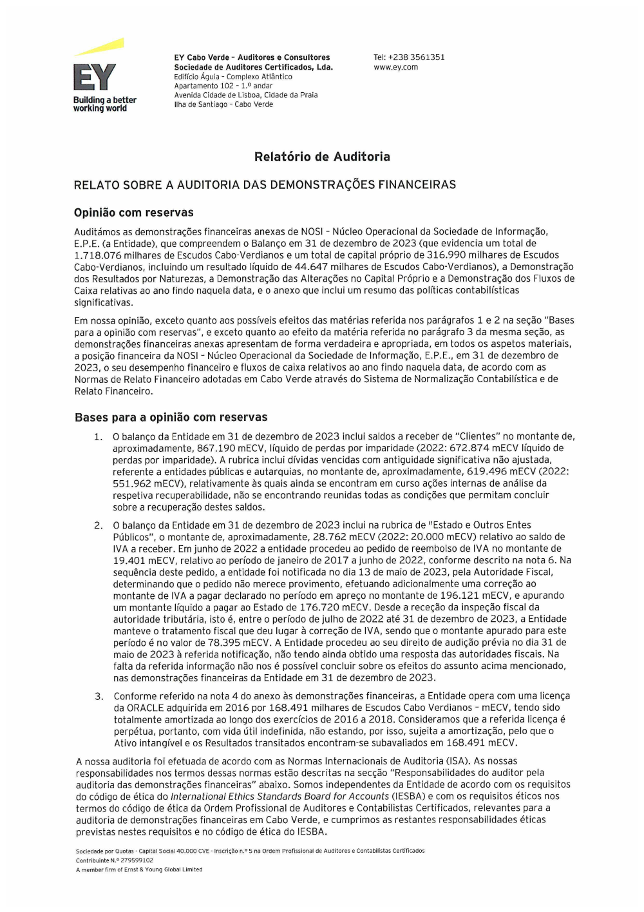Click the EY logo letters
pyautogui.click(x=94, y=77)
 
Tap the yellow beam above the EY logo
pyautogui.click(x=100, y=47)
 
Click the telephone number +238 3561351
pyautogui.click(x=416, y=57)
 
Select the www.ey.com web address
pyautogui.click(x=395, y=67)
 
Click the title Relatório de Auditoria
pyautogui.click(x=322, y=157)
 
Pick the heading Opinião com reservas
pyautogui.click(x=133, y=213)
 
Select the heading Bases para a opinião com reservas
pyautogui.click(x=171, y=418)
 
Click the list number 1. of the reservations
pyautogui.click(x=98, y=437)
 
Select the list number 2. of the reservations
pyautogui.click(x=99, y=525)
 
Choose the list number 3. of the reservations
pyautogui.click(x=99, y=697)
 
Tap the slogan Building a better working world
pyautogui.click(x=104, y=104)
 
